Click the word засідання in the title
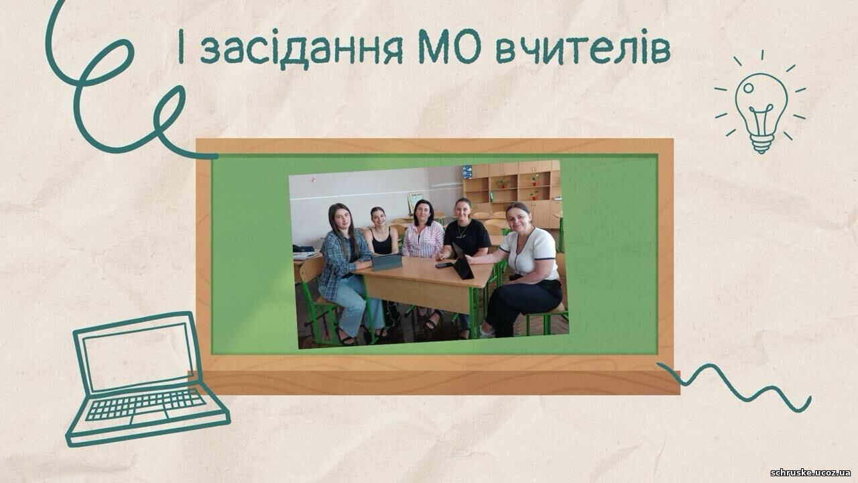coord(302,50)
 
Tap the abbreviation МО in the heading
coord(449,47)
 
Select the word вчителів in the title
coord(583,47)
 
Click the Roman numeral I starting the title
coord(182,47)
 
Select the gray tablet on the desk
coord(387,262)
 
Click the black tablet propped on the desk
coord(463,262)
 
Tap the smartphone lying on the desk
coord(444,265)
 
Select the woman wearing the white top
coord(525,268)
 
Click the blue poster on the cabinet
coord(467,172)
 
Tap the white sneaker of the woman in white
coord(487,332)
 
